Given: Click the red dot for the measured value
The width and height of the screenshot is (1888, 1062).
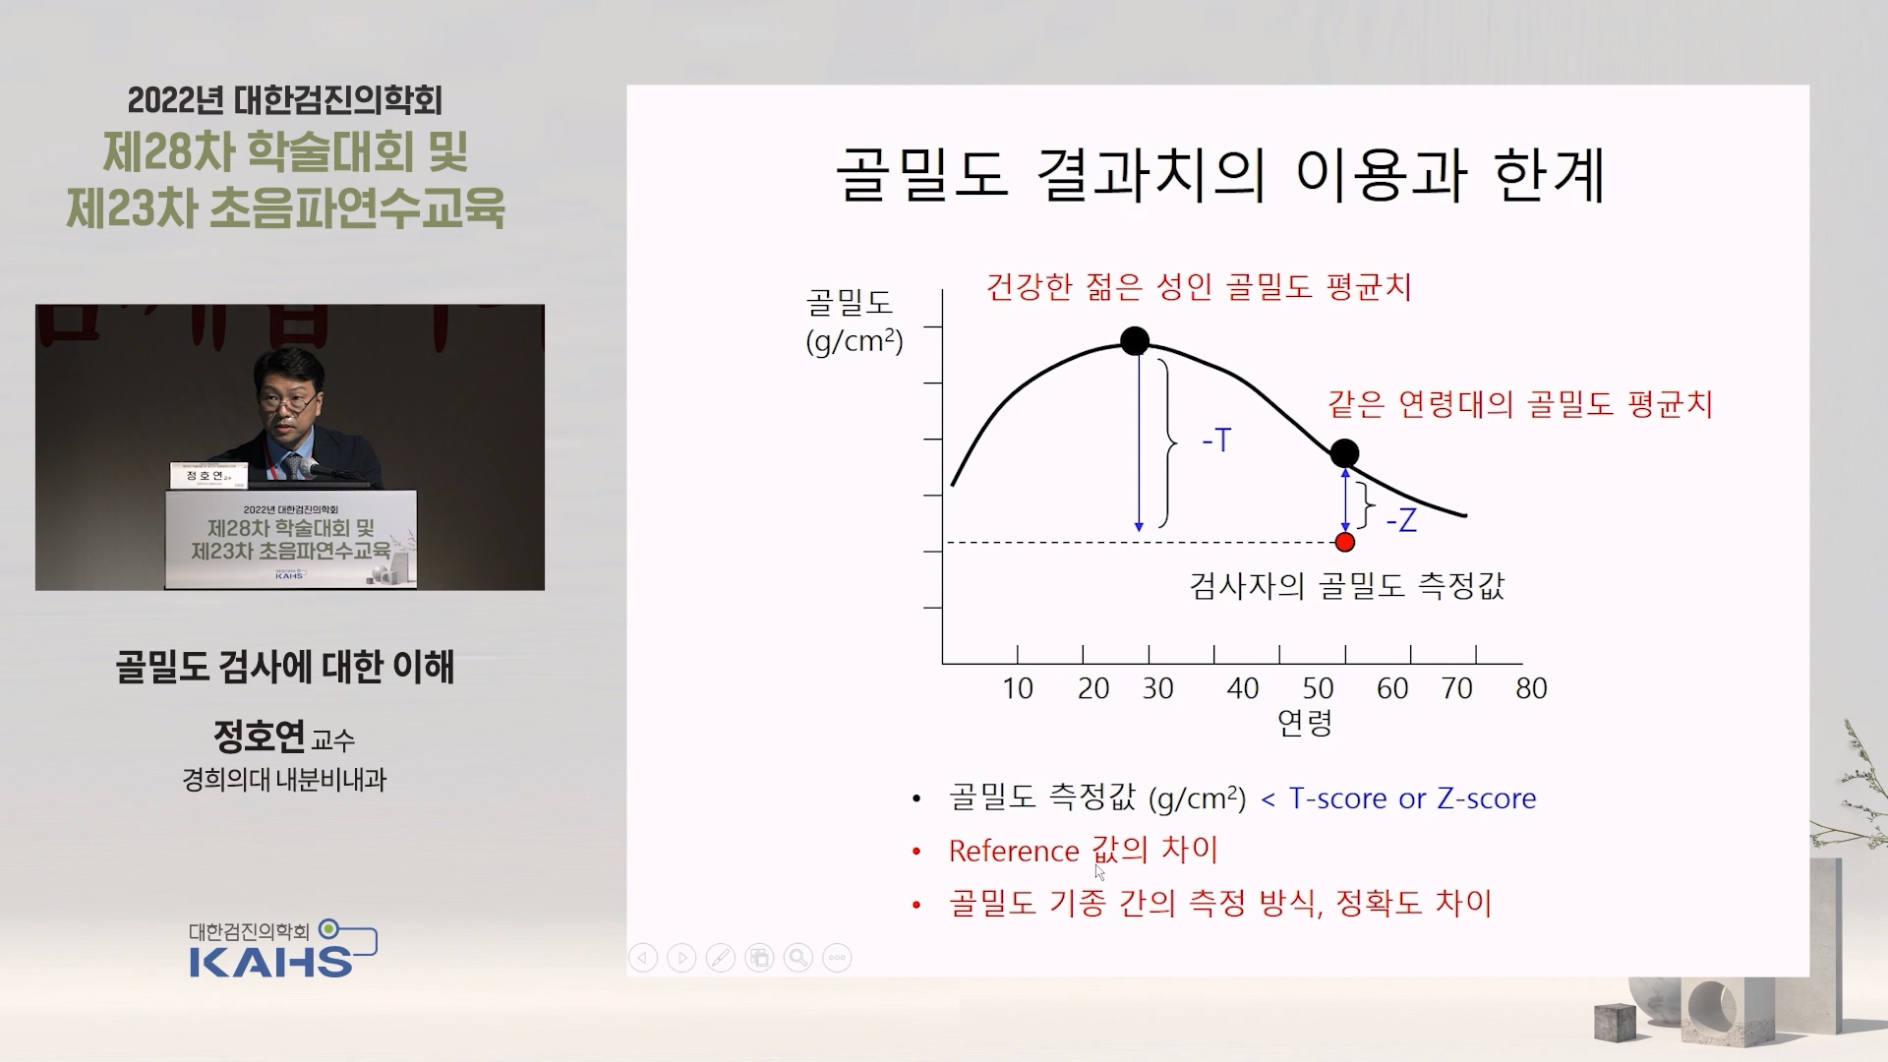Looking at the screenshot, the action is click(x=1345, y=542).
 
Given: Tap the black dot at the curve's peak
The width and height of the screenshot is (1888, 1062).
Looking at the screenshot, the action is click(x=1135, y=341).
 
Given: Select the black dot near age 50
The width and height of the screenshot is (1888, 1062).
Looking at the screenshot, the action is click(x=1344, y=453).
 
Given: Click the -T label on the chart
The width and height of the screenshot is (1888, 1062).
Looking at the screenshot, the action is click(x=1216, y=440).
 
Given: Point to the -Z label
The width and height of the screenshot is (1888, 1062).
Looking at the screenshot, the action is click(x=1401, y=519).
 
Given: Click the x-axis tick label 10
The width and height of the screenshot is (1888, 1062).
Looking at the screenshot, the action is click(x=1018, y=688).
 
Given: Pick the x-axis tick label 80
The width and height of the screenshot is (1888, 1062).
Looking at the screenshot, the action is click(x=1532, y=688).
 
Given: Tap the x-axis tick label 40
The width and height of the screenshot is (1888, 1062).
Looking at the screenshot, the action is click(x=1243, y=688).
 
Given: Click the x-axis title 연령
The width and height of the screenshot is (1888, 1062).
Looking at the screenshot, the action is click(x=1305, y=723).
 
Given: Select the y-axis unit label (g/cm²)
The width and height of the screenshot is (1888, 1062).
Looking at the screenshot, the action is click(x=855, y=341).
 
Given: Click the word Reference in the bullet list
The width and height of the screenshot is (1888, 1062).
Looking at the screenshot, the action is click(x=1014, y=851).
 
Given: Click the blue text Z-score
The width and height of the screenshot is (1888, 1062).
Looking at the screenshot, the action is click(x=1487, y=798).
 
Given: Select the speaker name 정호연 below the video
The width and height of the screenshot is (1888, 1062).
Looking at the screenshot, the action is click(x=259, y=735).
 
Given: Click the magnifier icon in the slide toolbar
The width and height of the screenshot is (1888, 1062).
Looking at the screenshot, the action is click(x=798, y=958).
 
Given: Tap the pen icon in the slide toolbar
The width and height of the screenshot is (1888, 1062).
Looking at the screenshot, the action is click(x=721, y=958).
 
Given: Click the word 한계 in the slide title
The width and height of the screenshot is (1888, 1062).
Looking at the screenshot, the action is click(x=1550, y=177).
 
